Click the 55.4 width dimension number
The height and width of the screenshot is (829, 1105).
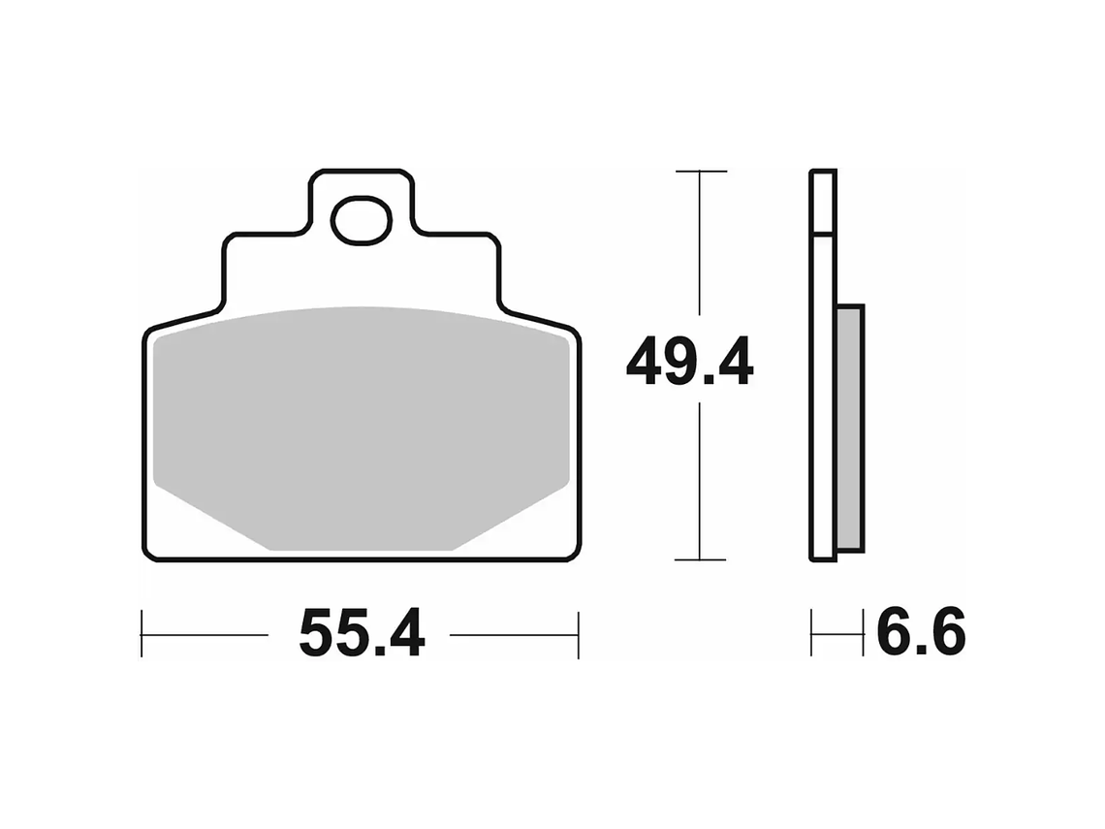[361, 635]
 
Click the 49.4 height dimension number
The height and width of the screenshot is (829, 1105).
[689, 363]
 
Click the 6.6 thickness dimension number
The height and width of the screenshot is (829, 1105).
[920, 635]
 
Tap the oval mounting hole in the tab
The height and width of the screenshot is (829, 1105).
[361, 220]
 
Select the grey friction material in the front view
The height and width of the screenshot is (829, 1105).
[361, 427]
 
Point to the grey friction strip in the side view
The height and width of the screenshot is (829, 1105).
[849, 427]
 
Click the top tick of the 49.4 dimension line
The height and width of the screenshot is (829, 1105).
[700, 172]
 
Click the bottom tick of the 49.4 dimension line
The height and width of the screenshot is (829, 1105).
[700, 559]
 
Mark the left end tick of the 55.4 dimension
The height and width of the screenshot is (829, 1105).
[142, 635]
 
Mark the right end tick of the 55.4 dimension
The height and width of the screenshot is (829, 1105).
[578, 635]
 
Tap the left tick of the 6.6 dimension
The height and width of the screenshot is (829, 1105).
[812, 635]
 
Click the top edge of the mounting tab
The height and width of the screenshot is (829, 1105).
[361, 171]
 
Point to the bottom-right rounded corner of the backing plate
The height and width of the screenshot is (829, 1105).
[574, 554]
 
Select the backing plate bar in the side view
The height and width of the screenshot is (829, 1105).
[822, 388]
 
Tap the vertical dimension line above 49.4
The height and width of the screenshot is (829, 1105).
[700, 252]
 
